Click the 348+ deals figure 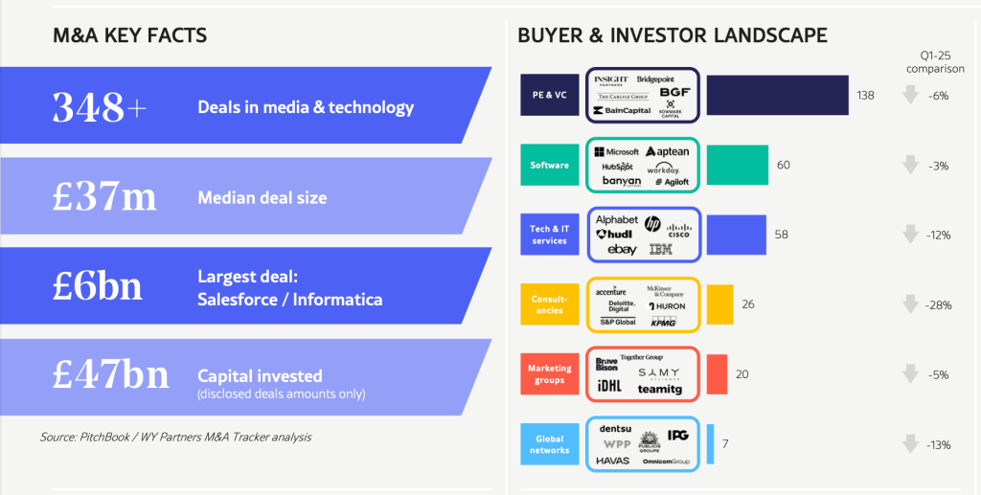100,107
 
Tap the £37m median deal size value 104,197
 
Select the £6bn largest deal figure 97,287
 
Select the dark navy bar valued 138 777,95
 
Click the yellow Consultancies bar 719,304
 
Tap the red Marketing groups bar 717,374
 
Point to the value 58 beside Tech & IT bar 781,235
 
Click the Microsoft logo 616,152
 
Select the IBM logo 660,250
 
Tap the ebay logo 622,250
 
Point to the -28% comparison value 939,304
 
